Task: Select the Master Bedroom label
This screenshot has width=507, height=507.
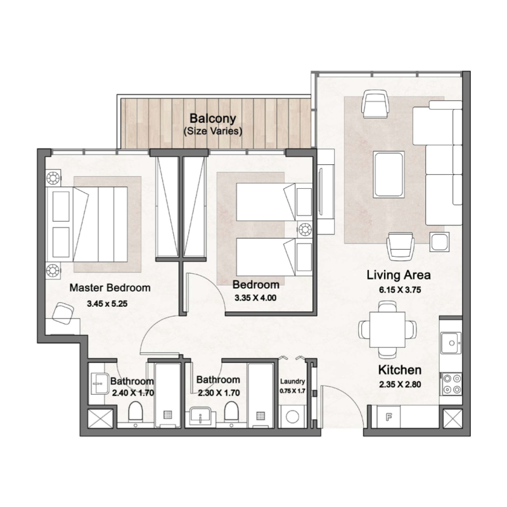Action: point(110,288)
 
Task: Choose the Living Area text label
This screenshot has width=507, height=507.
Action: point(399,276)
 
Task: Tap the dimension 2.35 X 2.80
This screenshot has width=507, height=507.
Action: point(400,385)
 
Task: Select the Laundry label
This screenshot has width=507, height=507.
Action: point(293,382)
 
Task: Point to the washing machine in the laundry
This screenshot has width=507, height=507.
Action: point(293,418)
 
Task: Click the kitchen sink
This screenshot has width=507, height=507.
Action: point(452,343)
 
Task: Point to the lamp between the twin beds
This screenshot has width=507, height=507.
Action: point(305,229)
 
